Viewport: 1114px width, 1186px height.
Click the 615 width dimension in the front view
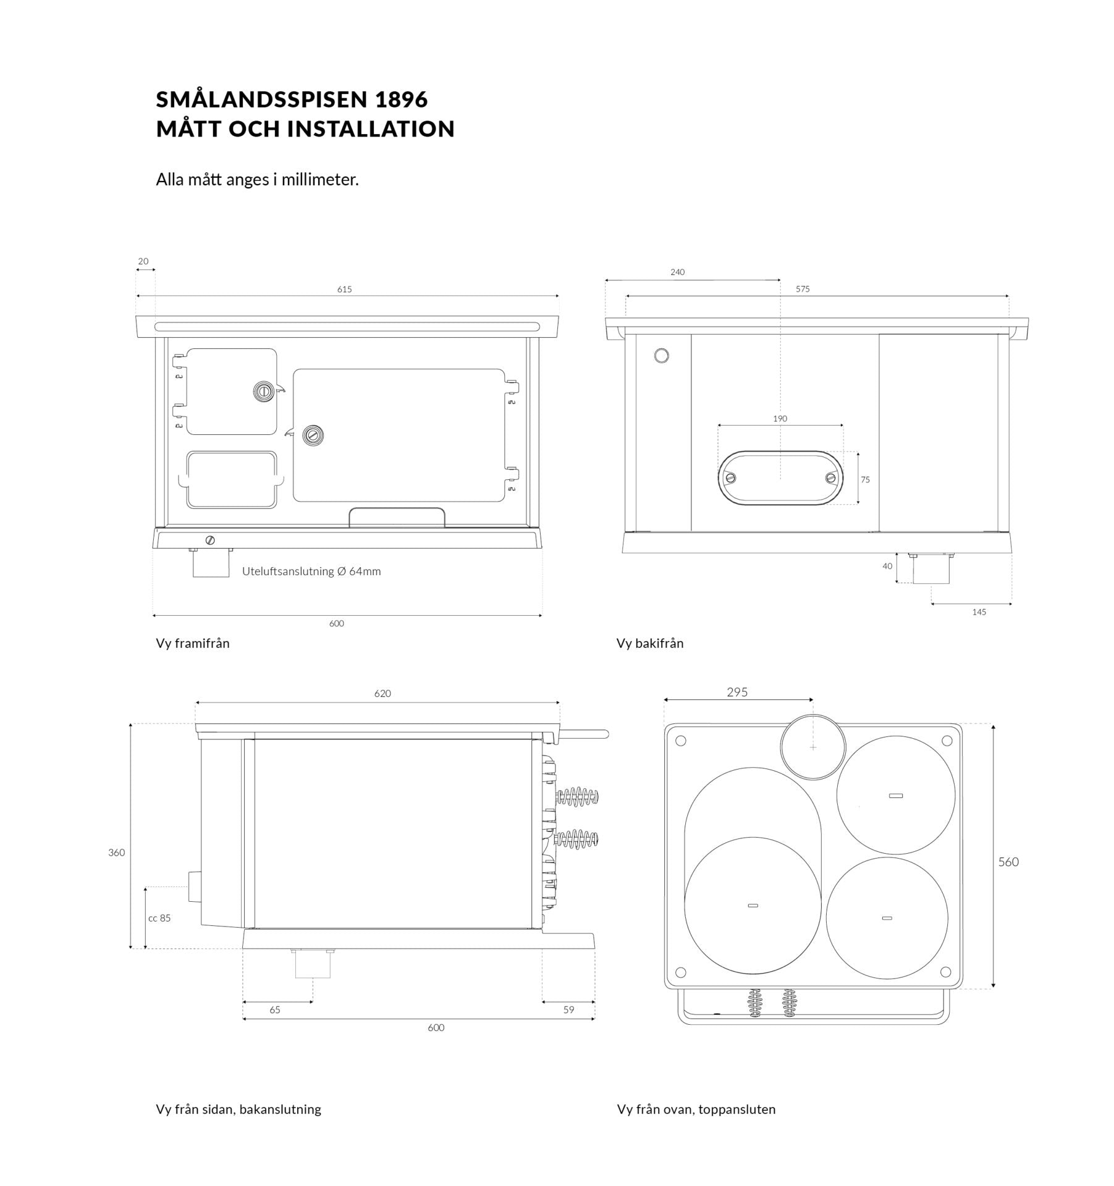point(344,289)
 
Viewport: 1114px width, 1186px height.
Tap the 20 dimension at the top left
point(143,261)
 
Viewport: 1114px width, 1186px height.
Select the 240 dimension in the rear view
point(677,272)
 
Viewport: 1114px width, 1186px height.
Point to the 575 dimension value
point(803,288)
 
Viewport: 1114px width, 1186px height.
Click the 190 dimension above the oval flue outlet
point(780,418)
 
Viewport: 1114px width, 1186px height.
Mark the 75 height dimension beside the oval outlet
point(865,479)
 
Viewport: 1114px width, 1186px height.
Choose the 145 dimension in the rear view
point(979,612)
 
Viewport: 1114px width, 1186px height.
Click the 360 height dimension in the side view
point(116,852)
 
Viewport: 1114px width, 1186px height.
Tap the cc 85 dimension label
point(159,918)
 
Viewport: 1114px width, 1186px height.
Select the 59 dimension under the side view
point(568,1009)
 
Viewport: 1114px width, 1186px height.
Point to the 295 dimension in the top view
point(737,692)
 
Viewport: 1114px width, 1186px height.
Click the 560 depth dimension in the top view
point(1008,862)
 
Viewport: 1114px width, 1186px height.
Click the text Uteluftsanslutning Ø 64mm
point(311,571)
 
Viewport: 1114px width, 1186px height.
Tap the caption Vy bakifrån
point(650,643)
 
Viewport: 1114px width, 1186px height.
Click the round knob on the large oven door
point(313,435)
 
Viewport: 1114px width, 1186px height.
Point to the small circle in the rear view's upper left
point(661,356)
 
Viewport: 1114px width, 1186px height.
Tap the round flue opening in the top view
point(812,747)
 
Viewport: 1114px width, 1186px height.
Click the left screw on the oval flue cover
point(731,477)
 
